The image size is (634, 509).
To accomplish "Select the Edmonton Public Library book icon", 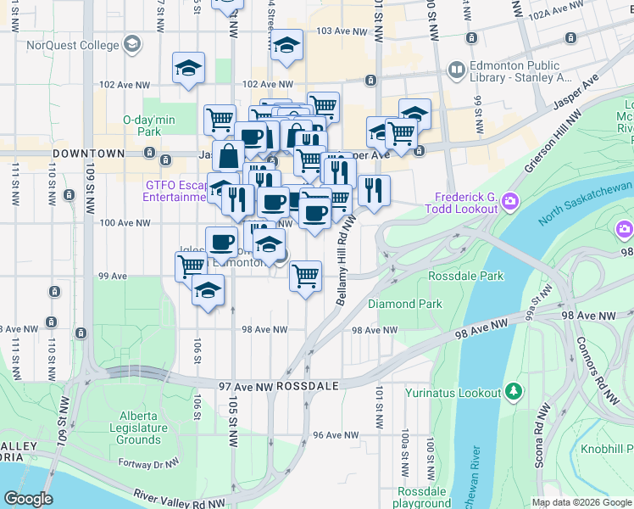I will [x=457, y=69].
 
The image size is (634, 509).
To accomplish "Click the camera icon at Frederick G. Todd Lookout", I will [x=510, y=200].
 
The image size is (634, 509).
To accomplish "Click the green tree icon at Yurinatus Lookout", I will [x=513, y=391].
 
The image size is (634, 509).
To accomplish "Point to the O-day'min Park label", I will [x=149, y=126].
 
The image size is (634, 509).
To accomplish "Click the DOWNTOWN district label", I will [x=89, y=154].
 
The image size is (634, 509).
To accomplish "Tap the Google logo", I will [x=28, y=498].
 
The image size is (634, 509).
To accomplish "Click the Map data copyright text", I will [x=581, y=502].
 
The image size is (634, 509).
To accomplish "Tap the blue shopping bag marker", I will [x=229, y=156].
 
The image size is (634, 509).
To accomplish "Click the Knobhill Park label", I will [x=605, y=448].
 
